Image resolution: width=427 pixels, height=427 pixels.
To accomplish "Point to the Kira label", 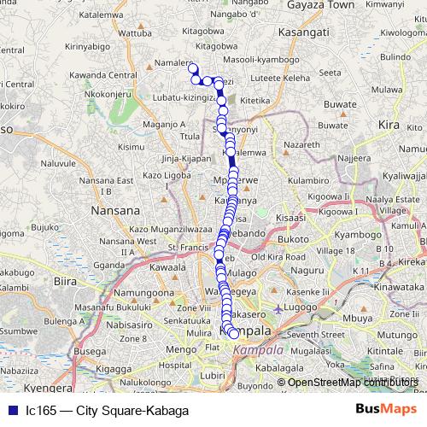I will pyautogui.click(x=389, y=125).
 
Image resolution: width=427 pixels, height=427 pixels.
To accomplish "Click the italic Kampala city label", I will pyautogui.click(x=259, y=351).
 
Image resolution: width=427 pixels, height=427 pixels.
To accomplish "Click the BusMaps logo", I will pyautogui.click(x=385, y=410).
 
